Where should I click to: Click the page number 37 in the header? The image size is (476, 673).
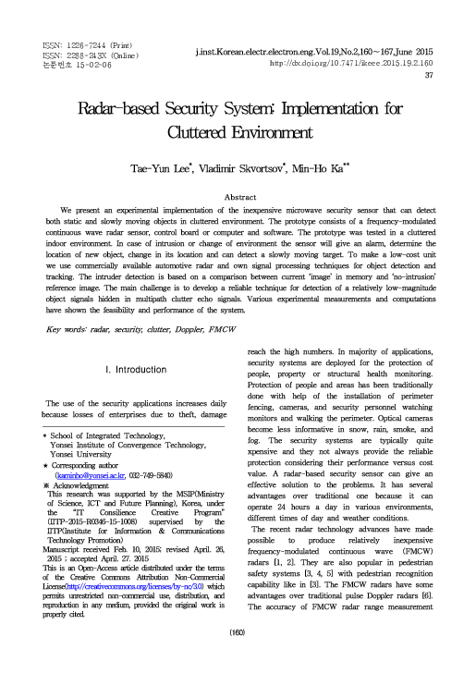(x=429, y=76)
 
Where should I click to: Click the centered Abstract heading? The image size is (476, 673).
(x=238, y=198)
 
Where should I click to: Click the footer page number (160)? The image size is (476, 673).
(x=238, y=658)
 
